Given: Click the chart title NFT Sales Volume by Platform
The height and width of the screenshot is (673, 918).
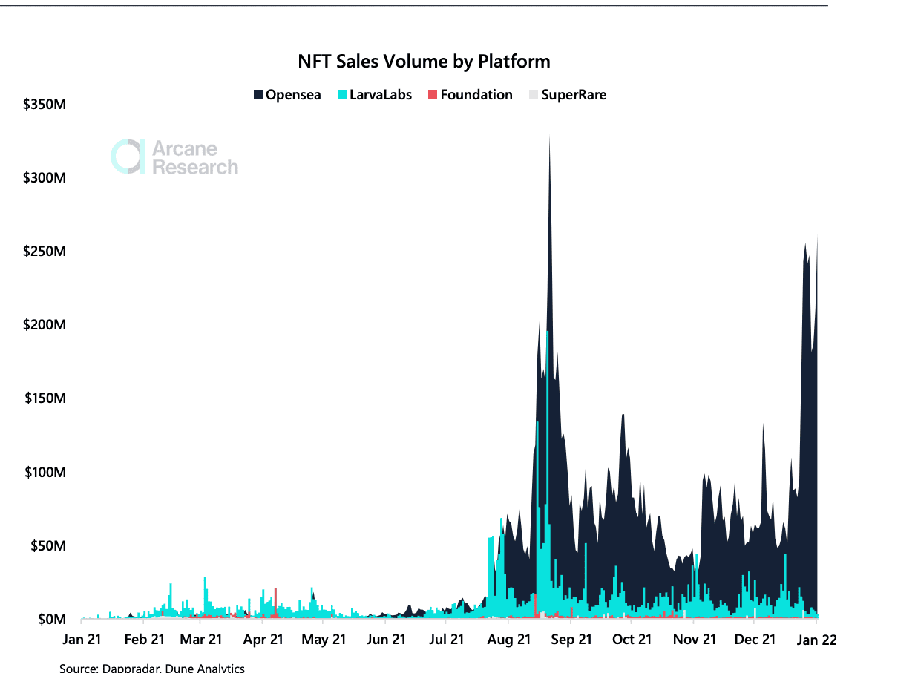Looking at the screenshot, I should pos(424,61).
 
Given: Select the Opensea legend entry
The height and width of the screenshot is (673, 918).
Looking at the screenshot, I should pos(287,95).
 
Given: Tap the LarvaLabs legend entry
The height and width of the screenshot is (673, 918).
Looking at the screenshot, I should pos(375,95).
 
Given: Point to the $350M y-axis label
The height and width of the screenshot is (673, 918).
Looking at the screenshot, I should pos(45,105).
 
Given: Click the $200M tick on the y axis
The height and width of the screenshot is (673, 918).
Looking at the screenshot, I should pos(45,325).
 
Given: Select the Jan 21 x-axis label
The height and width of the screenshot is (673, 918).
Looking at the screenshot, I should pos(82,640).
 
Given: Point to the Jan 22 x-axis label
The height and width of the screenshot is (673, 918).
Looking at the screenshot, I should pos(816,640).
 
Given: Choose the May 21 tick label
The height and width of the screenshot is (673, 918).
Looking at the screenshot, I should pos(324,640).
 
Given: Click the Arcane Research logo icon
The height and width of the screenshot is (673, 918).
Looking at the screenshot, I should pos(127,157).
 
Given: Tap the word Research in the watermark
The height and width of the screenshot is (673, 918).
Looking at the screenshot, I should pos(194,168).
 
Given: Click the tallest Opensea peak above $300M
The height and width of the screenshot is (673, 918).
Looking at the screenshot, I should pos(549,141).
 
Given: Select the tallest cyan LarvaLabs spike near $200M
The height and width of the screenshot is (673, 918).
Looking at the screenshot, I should pos(547,334).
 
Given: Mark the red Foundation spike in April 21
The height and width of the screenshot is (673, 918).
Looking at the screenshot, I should pos(276,592).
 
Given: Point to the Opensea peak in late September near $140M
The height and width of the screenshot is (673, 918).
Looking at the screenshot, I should pos(623,417).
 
